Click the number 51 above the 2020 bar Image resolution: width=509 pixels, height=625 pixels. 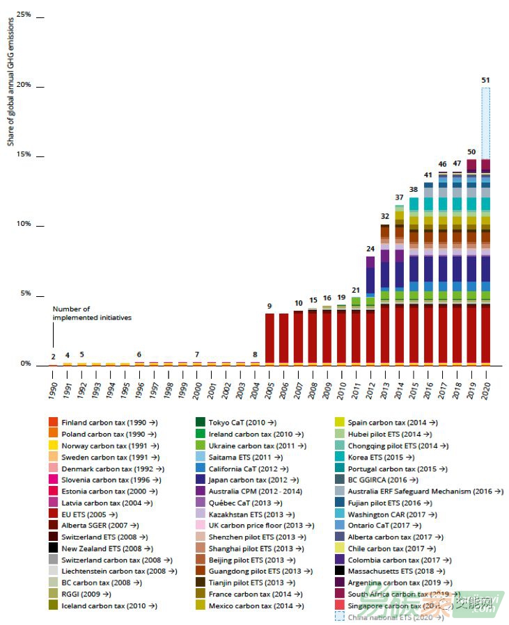pyautogui.click(x=485, y=80)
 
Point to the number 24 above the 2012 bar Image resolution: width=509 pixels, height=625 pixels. pyautogui.click(x=370, y=248)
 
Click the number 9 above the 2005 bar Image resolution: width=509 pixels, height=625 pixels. pyautogui.click(x=269, y=306)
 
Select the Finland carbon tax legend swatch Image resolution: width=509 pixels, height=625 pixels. pyautogui.click(x=54, y=422)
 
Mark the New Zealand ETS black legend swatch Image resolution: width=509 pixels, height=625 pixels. pyautogui.click(x=54, y=548)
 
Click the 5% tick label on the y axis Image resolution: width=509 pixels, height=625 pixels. pyautogui.click(x=25, y=294)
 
